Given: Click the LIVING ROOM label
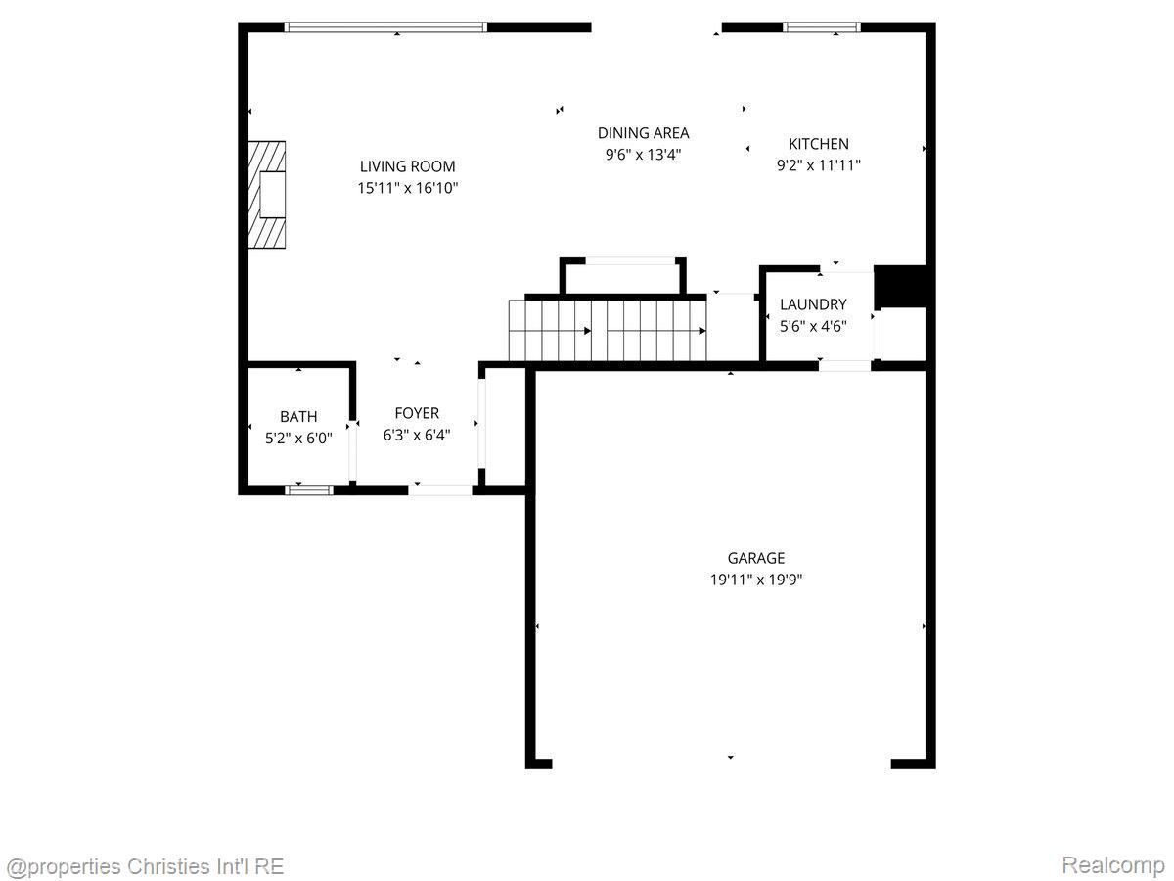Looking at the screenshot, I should point(407,166).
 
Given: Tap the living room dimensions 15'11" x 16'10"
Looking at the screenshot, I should point(407,187).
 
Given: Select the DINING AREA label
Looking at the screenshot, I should point(643,133).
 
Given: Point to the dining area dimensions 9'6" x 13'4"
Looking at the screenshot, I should point(643,154).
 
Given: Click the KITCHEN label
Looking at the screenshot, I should point(819,144).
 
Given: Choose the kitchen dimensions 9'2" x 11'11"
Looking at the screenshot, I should point(819,165).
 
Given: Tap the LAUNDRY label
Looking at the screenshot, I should point(813,304).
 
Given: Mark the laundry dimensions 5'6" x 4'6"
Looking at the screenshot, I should point(813,326).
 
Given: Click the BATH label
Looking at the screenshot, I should point(298,417).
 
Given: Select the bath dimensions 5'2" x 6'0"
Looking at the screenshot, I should point(298,439).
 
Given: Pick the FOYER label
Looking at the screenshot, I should point(417,413).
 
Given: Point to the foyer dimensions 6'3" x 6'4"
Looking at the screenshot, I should point(417,435).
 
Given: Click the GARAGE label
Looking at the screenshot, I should point(756,558).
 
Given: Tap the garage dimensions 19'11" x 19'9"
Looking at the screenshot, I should point(756,580).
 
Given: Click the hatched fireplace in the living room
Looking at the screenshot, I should point(266,196).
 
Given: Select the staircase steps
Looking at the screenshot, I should point(607,330).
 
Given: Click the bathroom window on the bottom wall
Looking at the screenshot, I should point(302,488).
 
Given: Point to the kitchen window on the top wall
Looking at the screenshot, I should point(822,27).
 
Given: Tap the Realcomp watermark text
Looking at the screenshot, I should point(1112,865).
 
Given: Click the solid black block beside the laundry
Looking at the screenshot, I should point(899,286).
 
